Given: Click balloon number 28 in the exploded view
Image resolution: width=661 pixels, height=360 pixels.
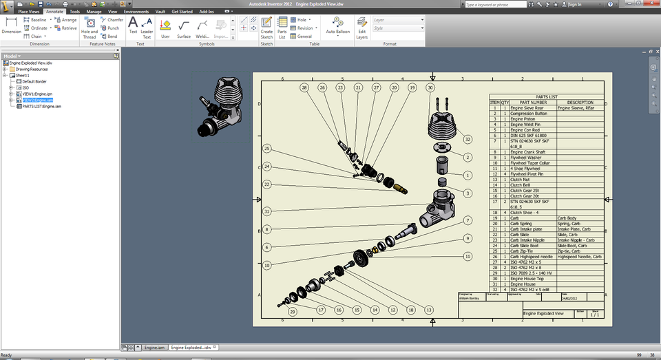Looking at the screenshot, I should point(304,88).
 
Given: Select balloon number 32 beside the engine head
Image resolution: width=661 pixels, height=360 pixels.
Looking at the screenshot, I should point(468,139).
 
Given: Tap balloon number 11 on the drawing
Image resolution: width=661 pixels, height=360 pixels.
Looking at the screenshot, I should point(468,256).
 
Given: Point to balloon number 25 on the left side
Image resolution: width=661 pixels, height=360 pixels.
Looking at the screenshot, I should point(266,149).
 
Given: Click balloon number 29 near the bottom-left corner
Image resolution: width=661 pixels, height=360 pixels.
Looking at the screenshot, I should point(293,311).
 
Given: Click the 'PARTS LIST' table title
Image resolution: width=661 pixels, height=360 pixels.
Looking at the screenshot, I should point(546,97).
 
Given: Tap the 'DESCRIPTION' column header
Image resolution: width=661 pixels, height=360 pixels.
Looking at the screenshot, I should point(580,103).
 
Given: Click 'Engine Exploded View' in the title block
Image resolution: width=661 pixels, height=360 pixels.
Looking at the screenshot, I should point(543,314).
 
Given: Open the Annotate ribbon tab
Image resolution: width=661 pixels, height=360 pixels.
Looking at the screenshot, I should point(54,12).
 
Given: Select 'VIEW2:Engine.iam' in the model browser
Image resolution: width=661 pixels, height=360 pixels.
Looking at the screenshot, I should point(37,100).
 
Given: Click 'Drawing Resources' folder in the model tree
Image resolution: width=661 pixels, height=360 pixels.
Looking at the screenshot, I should point(32,69).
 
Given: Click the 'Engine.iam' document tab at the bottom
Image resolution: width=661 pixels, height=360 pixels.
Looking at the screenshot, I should point(154,348).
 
